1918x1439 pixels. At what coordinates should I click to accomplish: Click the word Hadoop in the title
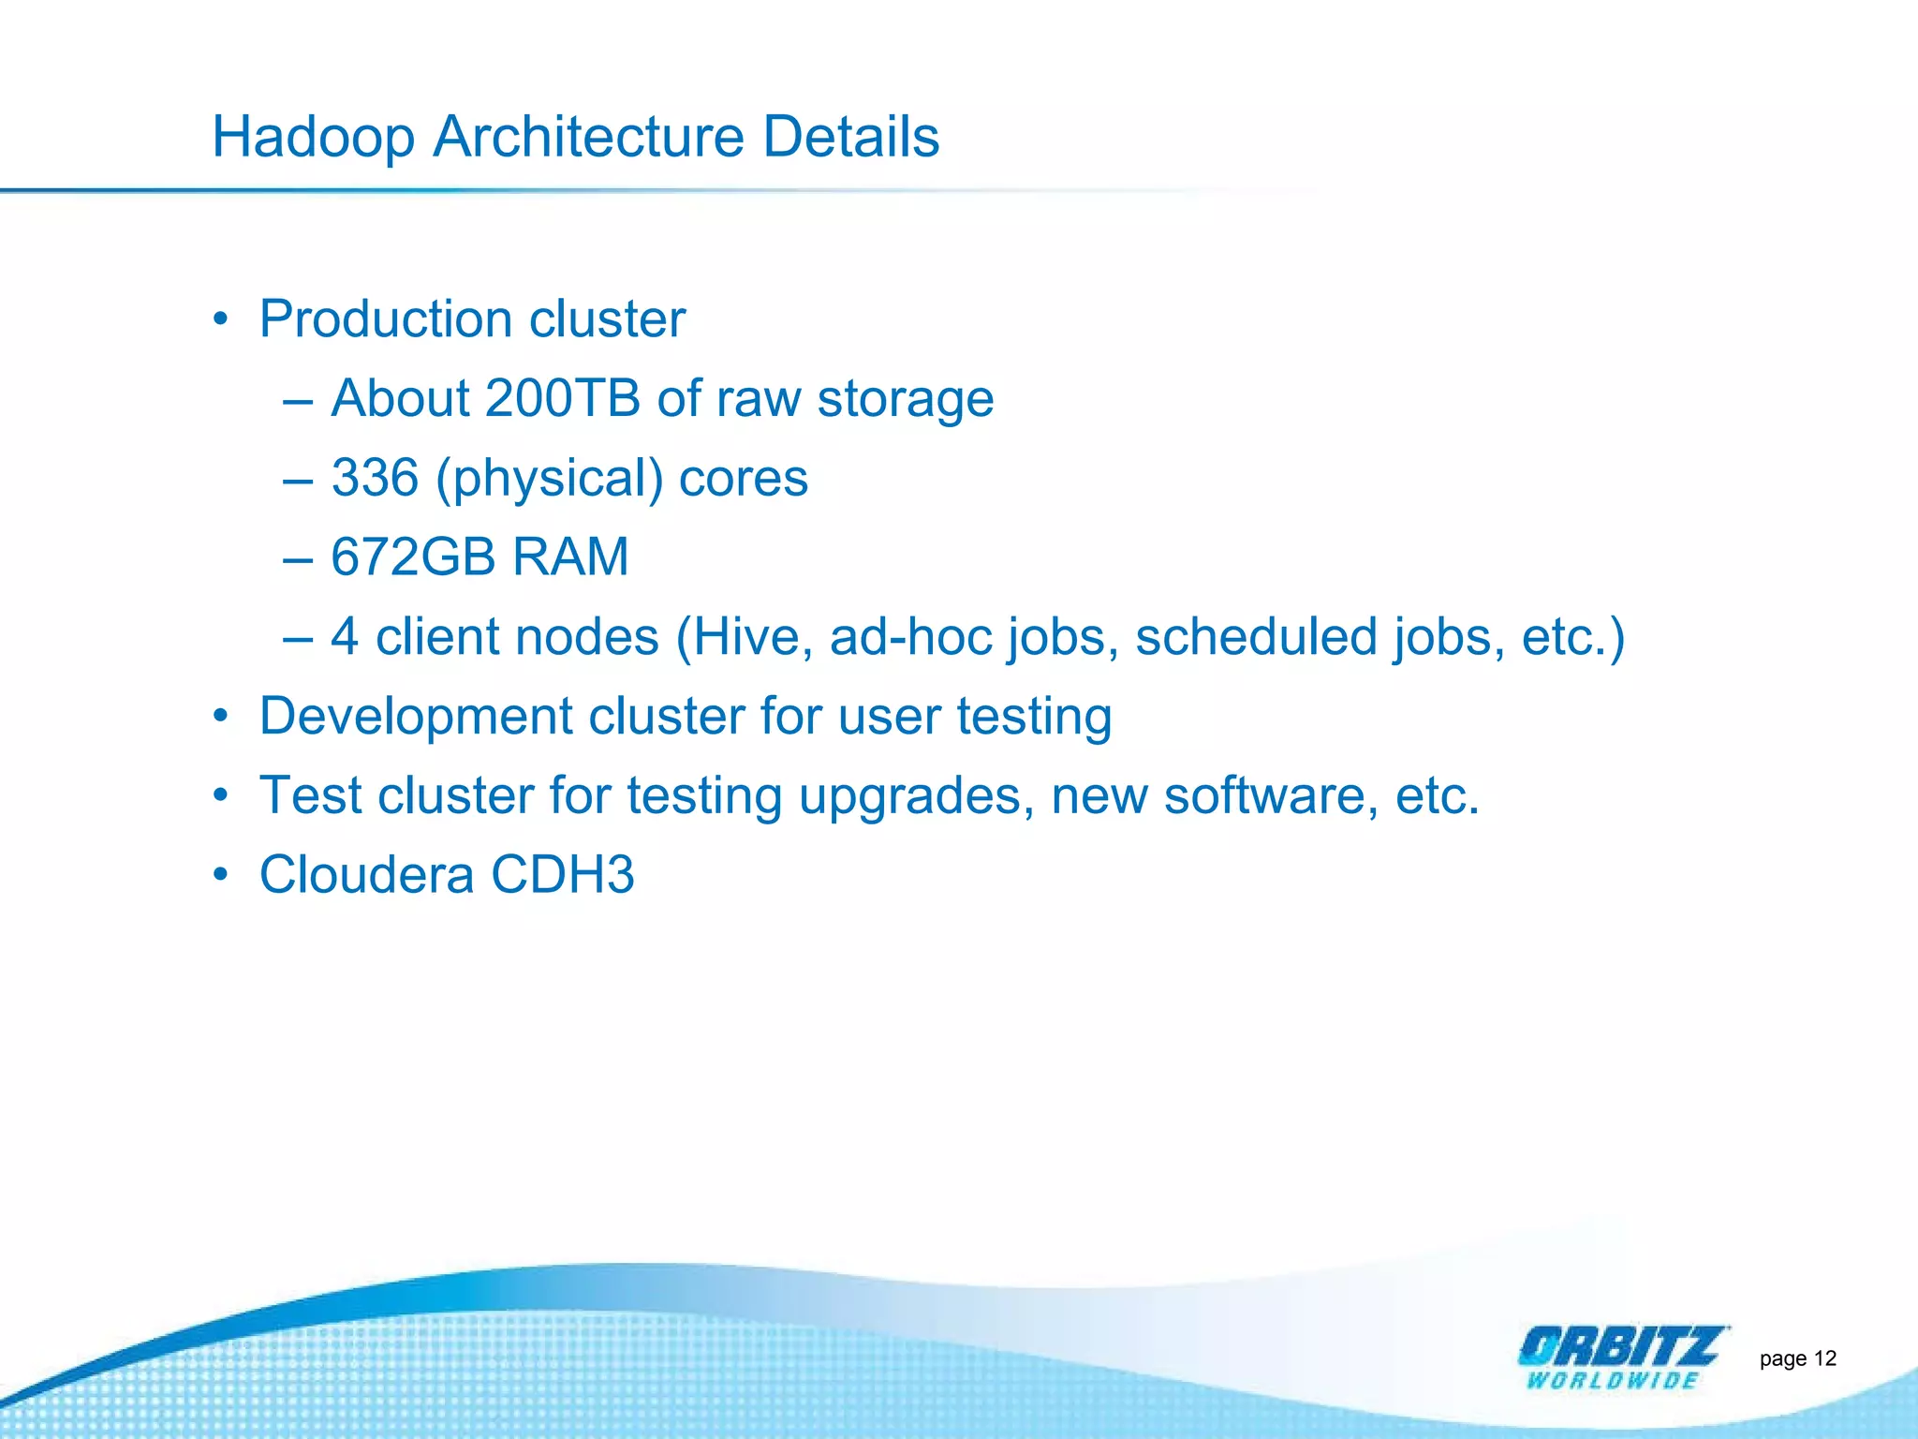tap(313, 138)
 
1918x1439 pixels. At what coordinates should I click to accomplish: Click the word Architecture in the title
tap(588, 137)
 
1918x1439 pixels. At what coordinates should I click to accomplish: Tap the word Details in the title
tap(850, 137)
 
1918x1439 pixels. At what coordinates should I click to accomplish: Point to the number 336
tap(375, 478)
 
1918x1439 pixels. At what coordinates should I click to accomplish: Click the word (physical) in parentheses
tap(550, 480)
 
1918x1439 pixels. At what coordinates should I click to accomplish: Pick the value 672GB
tap(413, 557)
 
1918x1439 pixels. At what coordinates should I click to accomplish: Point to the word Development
tap(416, 717)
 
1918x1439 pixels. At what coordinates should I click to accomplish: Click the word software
tap(1270, 796)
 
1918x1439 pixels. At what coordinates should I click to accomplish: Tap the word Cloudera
tap(366, 875)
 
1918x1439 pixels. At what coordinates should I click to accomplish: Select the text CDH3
tap(562, 875)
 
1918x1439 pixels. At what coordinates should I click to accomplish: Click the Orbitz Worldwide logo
tap(1621, 1357)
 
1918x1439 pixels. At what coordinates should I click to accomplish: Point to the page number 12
tap(1824, 1358)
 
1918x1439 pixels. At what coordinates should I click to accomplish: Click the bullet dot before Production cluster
tap(220, 319)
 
